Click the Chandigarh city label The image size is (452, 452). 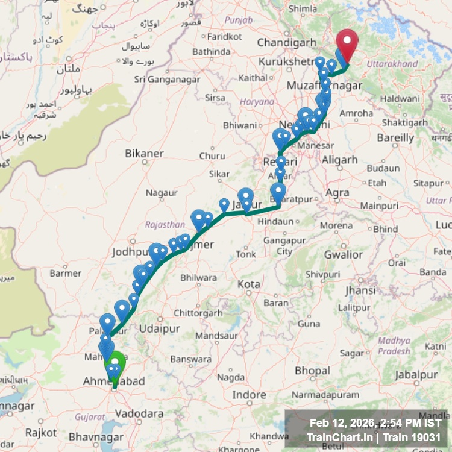(286, 42)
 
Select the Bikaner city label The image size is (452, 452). (144, 154)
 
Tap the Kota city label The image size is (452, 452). (249, 284)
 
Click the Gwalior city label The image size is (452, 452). (343, 254)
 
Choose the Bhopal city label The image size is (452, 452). (312, 369)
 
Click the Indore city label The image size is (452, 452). (250, 395)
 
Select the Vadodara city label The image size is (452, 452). (139, 413)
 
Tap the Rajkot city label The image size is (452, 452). (42, 432)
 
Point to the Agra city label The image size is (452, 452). (337, 193)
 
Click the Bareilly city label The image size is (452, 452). (395, 137)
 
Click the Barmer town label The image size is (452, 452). (65, 273)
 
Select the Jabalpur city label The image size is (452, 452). (416, 374)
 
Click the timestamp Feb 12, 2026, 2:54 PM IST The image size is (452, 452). (375, 422)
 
